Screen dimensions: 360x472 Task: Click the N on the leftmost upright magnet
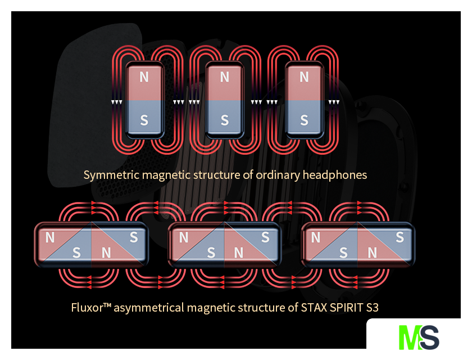coord(144,77)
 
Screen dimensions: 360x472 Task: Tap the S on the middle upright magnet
coord(225,120)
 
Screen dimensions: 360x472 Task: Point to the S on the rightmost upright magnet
coord(305,120)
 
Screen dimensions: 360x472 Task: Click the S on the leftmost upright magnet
coord(144,120)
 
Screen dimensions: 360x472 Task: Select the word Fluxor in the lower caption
coord(87,308)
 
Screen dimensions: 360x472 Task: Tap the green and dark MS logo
coord(419,336)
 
